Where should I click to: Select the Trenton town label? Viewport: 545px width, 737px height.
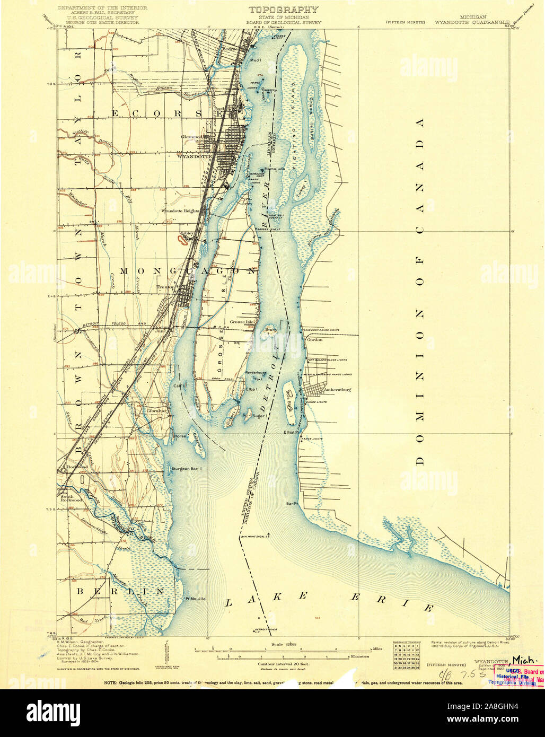[166, 288]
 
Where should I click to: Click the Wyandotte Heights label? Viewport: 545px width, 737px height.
[180, 211]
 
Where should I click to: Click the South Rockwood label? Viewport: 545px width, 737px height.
[71, 497]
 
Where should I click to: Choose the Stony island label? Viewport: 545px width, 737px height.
[271, 330]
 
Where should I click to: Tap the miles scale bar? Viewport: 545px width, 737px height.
[286, 649]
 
